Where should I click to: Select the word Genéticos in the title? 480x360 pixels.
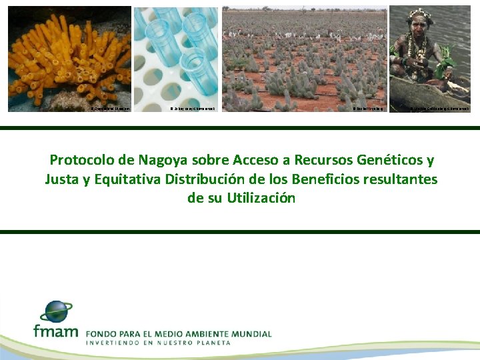coord(389,160)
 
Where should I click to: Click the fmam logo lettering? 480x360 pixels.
coord(55,331)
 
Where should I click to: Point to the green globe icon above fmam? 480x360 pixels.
coord(56,311)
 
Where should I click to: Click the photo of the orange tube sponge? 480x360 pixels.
coord(69,57)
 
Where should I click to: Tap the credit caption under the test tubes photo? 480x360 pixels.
coord(193,107)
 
